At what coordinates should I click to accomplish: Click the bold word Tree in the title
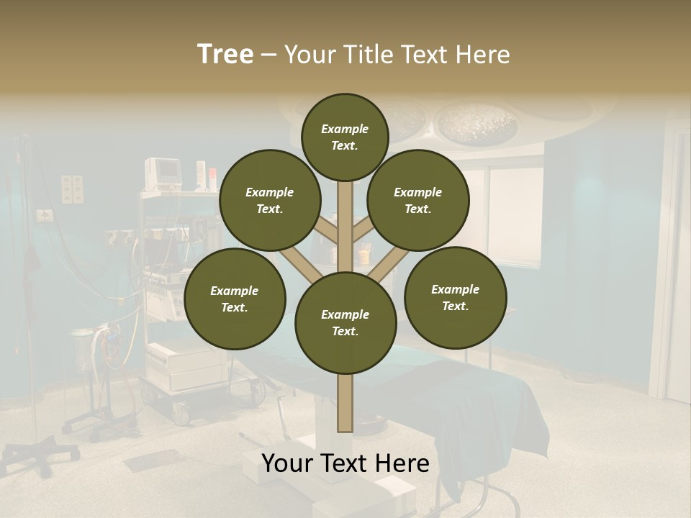click(225, 54)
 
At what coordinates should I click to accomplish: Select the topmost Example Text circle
click(345, 137)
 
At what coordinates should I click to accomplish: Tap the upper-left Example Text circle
click(270, 200)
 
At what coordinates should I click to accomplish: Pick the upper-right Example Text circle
click(418, 200)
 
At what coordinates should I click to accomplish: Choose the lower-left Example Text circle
click(235, 299)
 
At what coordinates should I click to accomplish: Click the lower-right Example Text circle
click(455, 297)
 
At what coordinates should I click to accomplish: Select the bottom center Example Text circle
click(345, 323)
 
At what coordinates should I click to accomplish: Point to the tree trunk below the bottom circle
click(345, 403)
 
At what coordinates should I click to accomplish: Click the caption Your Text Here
click(345, 463)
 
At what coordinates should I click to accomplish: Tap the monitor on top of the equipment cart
click(163, 173)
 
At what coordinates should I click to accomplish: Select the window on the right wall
click(515, 216)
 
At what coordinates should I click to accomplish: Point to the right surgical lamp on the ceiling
click(475, 122)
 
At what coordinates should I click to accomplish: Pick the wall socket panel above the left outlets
click(72, 188)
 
